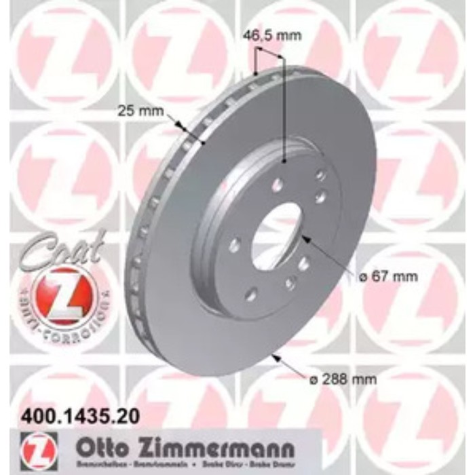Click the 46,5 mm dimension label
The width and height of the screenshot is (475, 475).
click(271, 36)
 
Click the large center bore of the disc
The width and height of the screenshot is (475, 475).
click(276, 235)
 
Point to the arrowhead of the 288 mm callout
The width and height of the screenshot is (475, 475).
click(274, 356)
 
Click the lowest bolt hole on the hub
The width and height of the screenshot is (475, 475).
click(250, 292)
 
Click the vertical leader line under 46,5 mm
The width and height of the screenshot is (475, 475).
click(282, 109)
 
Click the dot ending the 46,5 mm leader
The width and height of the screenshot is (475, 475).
click(282, 160)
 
